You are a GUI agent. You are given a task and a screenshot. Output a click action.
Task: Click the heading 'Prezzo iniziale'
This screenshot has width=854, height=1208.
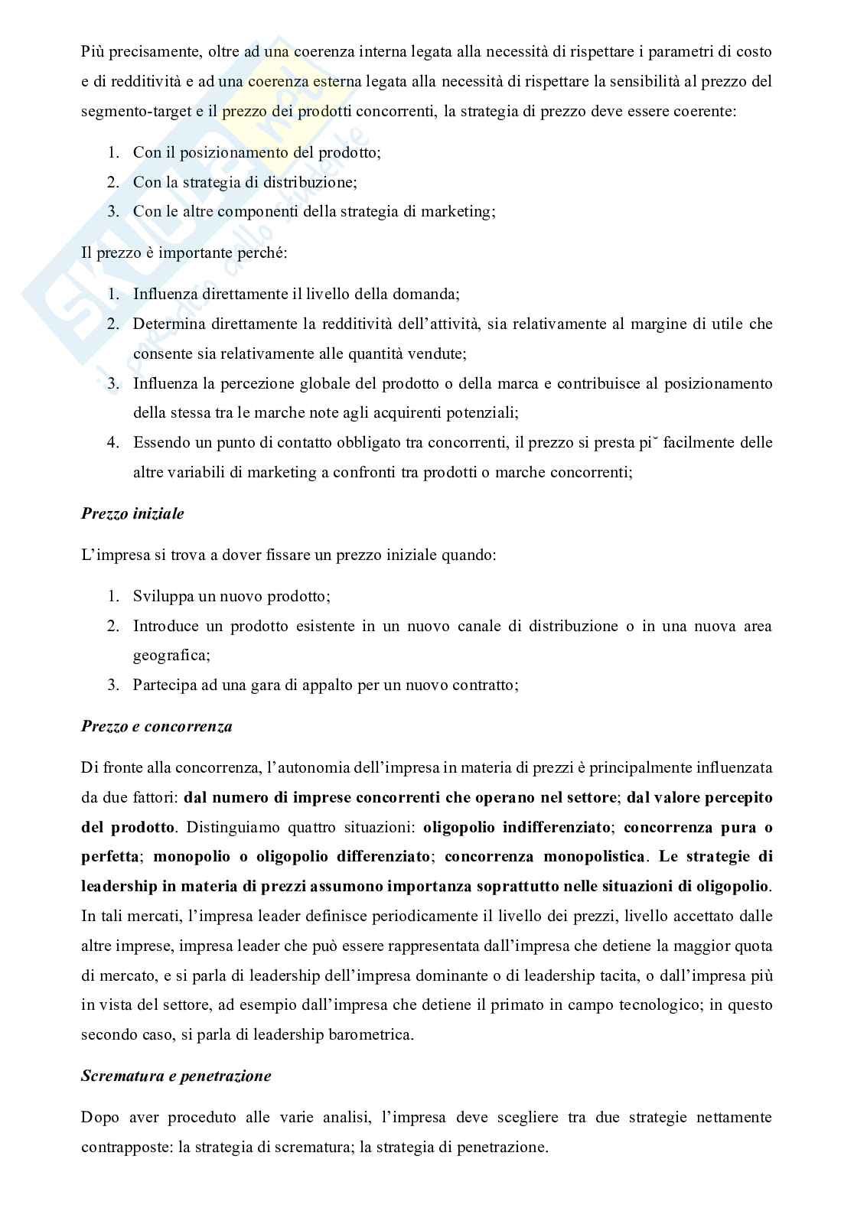tap(132, 514)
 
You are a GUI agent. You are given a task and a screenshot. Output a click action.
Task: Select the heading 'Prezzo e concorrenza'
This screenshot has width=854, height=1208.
tap(156, 726)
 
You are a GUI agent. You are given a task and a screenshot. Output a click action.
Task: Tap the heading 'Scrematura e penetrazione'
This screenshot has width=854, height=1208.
tap(176, 1076)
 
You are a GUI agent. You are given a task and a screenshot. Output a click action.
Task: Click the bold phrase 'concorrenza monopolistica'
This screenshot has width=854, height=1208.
tap(545, 856)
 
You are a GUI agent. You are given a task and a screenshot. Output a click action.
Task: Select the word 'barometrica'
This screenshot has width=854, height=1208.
tap(376, 1034)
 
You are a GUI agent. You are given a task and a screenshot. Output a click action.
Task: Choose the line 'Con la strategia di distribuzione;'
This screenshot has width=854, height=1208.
tap(245, 182)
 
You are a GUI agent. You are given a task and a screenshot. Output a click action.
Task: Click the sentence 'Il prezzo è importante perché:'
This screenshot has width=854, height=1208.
tap(184, 253)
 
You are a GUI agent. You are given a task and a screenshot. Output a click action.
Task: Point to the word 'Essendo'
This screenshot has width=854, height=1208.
tap(161, 442)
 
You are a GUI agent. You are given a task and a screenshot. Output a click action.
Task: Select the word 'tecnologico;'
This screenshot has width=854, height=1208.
tap(657, 1004)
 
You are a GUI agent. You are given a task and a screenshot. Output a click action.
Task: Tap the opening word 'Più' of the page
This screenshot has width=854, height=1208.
tap(93, 52)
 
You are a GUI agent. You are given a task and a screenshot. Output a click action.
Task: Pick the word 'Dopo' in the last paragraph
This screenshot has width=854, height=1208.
tap(99, 1117)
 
